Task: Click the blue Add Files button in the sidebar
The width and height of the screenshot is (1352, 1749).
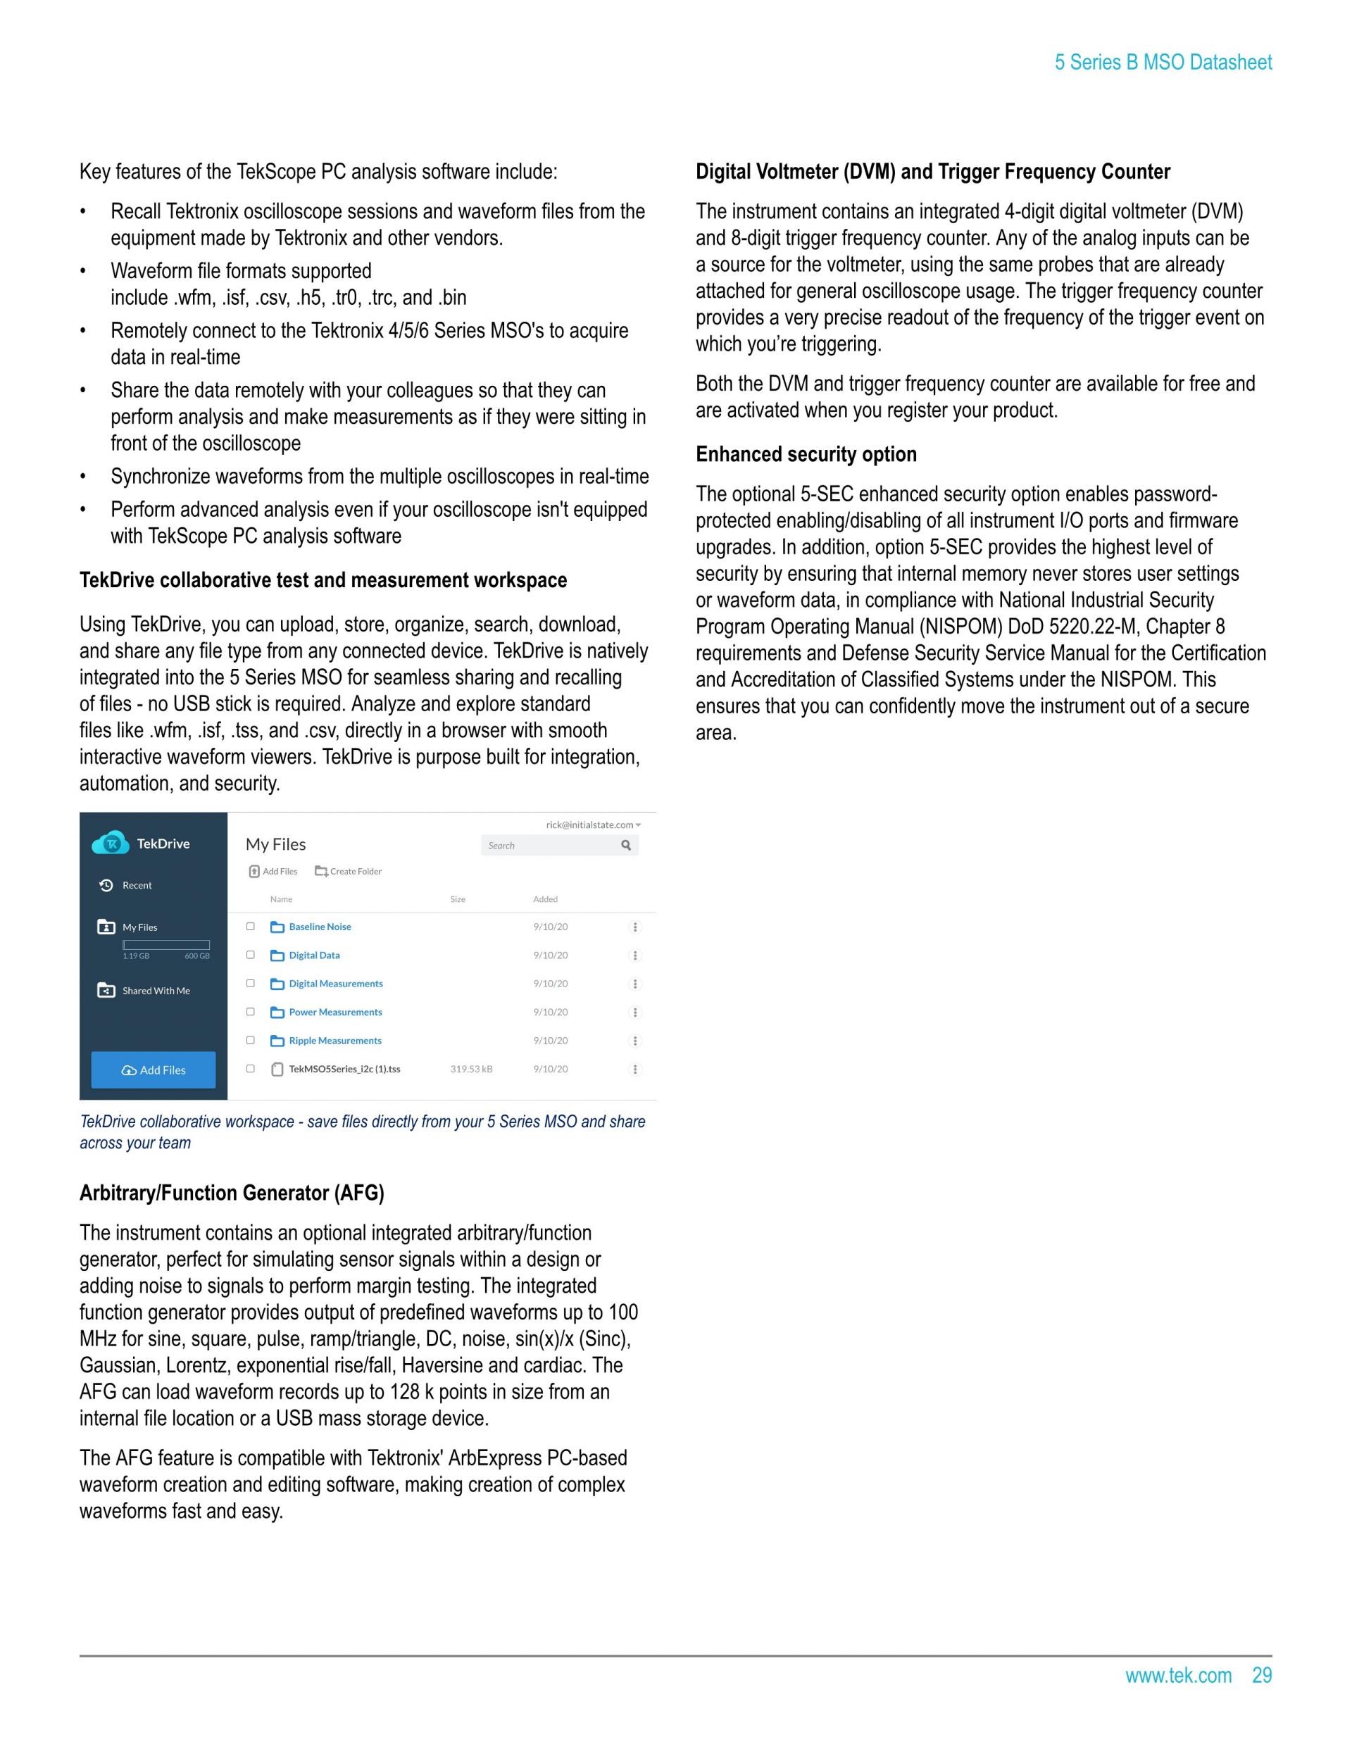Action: coord(153,1070)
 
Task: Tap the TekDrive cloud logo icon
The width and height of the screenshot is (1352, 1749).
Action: coord(111,843)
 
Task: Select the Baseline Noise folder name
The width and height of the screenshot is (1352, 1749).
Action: coord(320,927)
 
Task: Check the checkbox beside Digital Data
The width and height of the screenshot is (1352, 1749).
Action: coord(251,955)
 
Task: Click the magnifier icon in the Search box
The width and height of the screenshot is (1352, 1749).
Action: coord(626,845)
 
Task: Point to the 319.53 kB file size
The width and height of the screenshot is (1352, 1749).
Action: coord(471,1069)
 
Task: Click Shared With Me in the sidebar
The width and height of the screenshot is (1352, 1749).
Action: coord(156,991)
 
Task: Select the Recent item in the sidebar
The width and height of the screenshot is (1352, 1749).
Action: coord(136,885)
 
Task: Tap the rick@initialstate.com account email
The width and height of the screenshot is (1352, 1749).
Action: coord(590,825)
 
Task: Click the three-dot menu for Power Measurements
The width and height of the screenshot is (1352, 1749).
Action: coord(635,1013)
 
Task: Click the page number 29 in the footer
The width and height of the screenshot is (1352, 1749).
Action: coord(1261,1675)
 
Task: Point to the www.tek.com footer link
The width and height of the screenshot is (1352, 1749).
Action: coord(1177,1675)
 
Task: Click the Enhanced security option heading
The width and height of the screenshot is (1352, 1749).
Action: coord(806,454)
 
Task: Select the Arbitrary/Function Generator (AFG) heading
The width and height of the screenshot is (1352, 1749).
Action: coord(232,1193)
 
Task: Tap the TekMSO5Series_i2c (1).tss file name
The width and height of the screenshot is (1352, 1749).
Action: coord(344,1069)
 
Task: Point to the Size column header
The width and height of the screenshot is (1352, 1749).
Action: coord(457,899)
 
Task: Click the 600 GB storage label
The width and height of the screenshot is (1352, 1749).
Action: coord(197,956)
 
